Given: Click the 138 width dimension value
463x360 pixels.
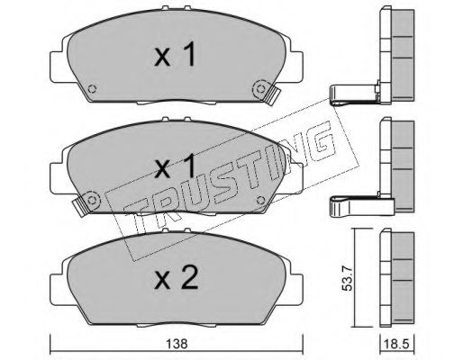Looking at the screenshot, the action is click(x=177, y=344).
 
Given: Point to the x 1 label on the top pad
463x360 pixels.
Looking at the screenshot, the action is click(x=176, y=55).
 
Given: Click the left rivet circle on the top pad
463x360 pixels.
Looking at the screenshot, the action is click(x=92, y=89).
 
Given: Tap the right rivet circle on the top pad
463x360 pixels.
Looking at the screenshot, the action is click(x=260, y=88).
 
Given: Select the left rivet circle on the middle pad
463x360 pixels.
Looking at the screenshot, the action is click(x=92, y=199).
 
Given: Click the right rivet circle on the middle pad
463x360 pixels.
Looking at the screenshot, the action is click(x=260, y=200).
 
